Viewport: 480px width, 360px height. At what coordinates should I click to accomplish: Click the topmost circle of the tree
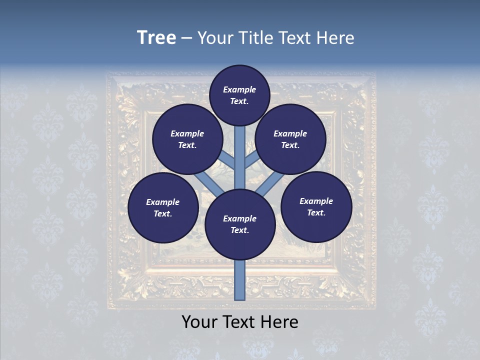tap(239, 95)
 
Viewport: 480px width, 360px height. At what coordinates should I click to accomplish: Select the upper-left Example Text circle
tap(187, 139)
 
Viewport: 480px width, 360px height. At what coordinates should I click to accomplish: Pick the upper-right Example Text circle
tap(290, 139)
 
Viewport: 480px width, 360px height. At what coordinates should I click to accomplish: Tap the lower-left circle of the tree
tap(163, 208)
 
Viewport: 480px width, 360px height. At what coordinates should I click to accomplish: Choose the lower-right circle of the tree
tap(316, 207)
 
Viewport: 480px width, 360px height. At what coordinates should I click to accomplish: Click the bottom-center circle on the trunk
tap(240, 224)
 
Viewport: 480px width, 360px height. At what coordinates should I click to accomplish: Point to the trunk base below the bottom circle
tap(240, 280)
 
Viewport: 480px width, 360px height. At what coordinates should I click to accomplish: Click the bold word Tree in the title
tap(156, 37)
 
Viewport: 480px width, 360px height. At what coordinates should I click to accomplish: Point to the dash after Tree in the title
tap(187, 38)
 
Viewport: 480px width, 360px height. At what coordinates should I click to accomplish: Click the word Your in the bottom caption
tap(200, 322)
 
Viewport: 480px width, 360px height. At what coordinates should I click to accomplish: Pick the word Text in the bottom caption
tap(240, 322)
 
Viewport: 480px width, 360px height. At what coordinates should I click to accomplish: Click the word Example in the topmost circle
tap(239, 89)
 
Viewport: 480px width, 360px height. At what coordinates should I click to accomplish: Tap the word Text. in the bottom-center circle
tap(239, 230)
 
